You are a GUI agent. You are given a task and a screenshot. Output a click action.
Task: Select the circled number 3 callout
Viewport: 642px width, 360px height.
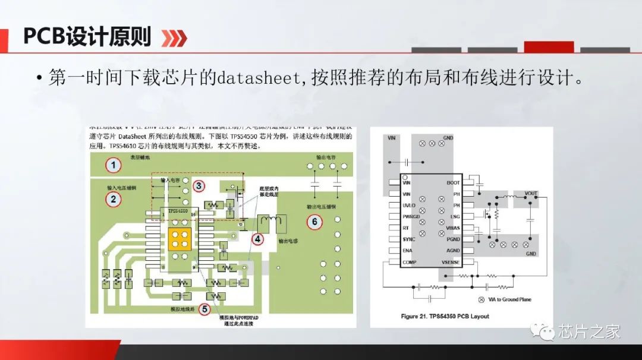(x=198, y=186)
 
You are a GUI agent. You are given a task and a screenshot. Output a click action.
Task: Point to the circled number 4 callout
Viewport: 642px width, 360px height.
(x=257, y=239)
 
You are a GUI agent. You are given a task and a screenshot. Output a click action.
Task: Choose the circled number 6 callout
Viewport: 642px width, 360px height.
(x=314, y=222)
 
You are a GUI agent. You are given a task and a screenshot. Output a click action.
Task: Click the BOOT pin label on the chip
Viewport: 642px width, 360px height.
(x=453, y=183)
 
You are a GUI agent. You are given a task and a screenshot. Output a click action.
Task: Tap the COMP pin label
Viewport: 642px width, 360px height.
(x=410, y=262)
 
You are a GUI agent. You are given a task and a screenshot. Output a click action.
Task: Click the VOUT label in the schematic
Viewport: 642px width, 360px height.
(x=530, y=194)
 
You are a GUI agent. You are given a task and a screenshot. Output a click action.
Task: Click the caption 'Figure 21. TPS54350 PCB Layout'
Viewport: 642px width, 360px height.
(x=445, y=316)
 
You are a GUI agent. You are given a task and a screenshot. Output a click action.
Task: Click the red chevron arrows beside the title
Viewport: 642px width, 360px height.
(x=175, y=39)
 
